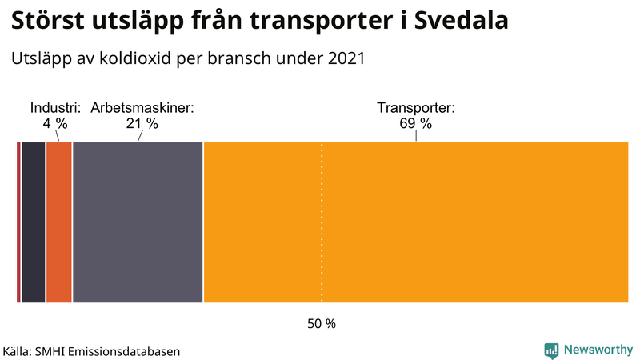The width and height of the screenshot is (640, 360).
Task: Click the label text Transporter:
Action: [x=415, y=108]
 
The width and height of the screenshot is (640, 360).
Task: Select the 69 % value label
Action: [x=415, y=124]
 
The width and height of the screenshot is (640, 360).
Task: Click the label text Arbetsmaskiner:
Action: [x=142, y=108]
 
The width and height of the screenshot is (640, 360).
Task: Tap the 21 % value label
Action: [x=142, y=124]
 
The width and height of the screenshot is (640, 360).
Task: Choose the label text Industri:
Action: [x=55, y=108]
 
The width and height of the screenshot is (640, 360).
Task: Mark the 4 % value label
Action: [x=55, y=124]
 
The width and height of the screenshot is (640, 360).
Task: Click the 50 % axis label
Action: [x=322, y=324]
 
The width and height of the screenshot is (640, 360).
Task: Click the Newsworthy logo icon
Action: [x=551, y=350]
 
